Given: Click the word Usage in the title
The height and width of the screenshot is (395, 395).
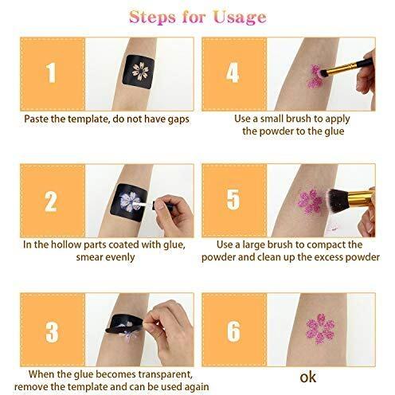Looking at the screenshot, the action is pos(240,18).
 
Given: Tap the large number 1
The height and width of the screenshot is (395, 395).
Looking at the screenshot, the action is pos(51,72).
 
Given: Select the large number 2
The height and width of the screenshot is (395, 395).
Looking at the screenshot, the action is pos(51,201).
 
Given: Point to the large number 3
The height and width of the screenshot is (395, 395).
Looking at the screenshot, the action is pos(52,331).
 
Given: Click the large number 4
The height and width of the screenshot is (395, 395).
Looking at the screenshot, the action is pos(233,72).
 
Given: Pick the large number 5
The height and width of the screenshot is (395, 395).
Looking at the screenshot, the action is pos(233,199).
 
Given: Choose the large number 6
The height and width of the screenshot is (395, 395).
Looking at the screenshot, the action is pos(234,330).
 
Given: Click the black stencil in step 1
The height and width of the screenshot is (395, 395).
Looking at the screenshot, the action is pos(139,72).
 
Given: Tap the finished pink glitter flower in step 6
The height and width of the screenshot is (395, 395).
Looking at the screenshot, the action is pos(320,328).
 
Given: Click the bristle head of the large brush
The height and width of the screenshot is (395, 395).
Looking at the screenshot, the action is pos(336,201).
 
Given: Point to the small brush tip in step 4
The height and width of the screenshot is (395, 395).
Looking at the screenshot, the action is pos(324,73).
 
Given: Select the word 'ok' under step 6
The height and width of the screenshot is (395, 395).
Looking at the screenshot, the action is pos(308,377).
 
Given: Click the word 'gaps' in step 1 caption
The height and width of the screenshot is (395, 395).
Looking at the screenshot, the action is pos(178,119).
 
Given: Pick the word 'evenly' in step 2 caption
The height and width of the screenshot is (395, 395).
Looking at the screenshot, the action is pos(120,257).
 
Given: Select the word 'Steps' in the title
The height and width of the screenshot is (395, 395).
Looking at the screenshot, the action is pos(153,17).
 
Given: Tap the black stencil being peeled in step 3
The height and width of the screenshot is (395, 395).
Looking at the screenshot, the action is pos(125,323).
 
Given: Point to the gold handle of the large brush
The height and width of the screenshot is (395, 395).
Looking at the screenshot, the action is pos(360,198).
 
